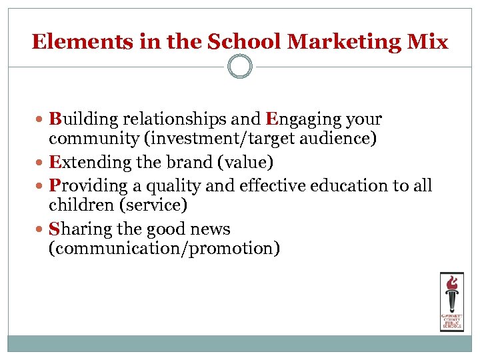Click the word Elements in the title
tap(73, 42)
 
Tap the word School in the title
tap(244, 42)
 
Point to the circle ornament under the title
tap(240, 67)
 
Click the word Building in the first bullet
tap(83, 119)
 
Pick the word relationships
tap(183, 119)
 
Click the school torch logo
tap(451, 301)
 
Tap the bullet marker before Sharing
tap(41, 229)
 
